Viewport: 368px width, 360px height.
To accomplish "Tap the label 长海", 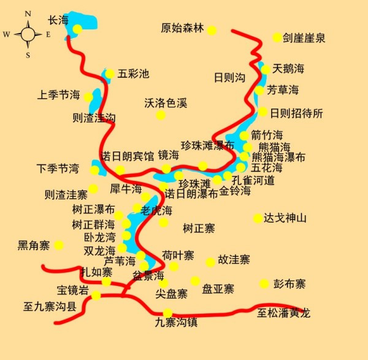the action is [58, 20].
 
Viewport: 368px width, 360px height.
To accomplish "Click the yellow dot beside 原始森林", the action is [212, 30].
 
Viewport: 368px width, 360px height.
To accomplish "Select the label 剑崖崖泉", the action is [304, 38].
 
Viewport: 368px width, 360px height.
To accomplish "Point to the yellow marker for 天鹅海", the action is [266, 69].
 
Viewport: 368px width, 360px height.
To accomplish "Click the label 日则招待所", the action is [296, 113].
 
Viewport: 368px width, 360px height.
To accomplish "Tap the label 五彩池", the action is [133, 74].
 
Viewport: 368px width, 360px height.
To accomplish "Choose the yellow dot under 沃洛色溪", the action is [161, 115].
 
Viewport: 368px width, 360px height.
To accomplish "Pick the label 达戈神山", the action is [285, 218].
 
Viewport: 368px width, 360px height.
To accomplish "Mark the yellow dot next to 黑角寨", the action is [59, 245].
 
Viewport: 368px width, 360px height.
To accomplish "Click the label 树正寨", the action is [199, 228].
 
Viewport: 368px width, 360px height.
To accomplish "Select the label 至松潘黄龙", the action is [283, 313].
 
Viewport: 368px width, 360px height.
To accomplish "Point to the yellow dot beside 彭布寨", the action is [264, 283].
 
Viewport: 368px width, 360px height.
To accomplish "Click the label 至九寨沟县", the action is [50, 306].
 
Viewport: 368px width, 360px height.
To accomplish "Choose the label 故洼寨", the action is [234, 260].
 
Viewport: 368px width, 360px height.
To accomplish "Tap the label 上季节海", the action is [58, 95].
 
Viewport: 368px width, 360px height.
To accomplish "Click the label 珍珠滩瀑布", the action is [207, 145].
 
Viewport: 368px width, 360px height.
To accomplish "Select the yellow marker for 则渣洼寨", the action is [93, 189].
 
